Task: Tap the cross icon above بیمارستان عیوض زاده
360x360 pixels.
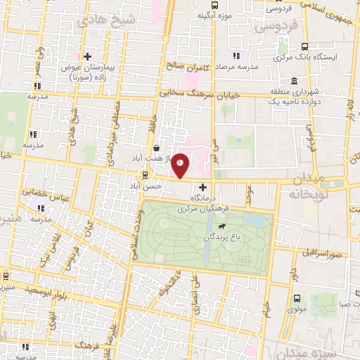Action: [x=87, y=56]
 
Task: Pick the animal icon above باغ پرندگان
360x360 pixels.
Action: [x=222, y=226]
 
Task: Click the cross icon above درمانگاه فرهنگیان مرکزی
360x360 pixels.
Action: [x=203, y=188]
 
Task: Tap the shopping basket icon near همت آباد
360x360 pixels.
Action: [x=155, y=148]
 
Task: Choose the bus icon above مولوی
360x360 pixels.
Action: [x=295, y=297]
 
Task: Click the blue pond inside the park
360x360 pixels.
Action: [x=261, y=222]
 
